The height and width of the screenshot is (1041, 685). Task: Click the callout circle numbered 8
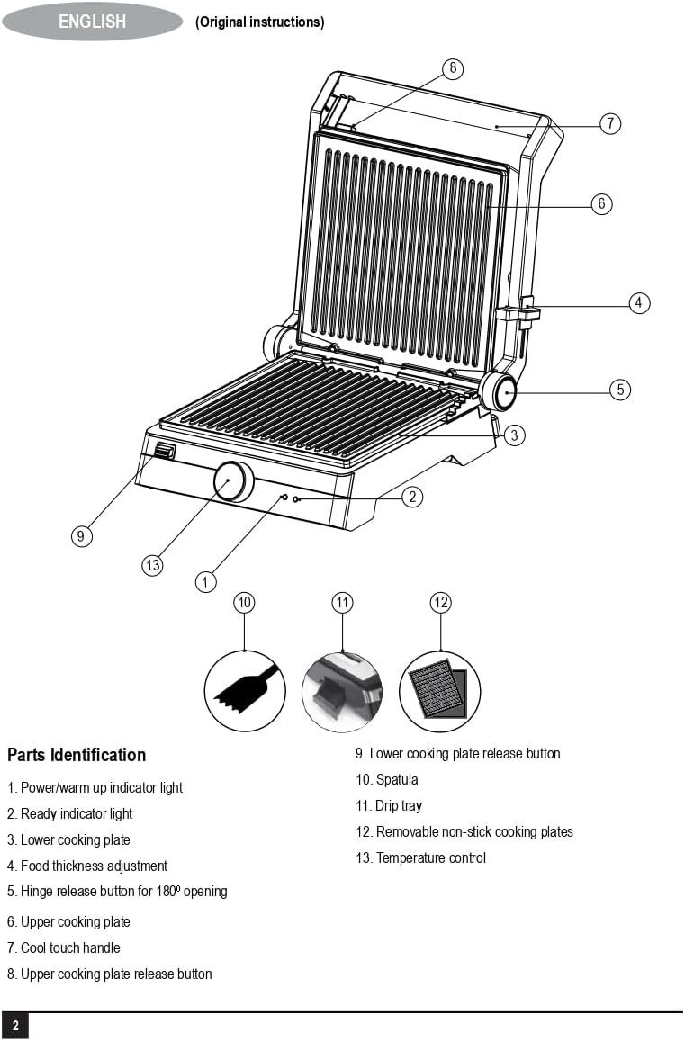[452, 68]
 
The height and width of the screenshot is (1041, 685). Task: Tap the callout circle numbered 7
[610, 123]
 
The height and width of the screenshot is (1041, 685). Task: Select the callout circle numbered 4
[639, 302]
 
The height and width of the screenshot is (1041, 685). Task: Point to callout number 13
[152, 565]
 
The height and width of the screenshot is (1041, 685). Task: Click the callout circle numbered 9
[81, 536]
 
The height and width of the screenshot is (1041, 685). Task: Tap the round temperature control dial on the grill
[233, 481]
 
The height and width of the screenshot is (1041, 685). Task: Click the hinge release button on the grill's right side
[498, 392]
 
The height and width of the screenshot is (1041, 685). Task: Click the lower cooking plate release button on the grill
[164, 452]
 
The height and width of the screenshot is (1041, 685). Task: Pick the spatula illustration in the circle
[245, 691]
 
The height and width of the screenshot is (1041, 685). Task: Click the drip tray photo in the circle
[342, 692]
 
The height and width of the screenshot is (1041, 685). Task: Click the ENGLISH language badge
[92, 22]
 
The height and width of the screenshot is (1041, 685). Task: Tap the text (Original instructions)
[259, 22]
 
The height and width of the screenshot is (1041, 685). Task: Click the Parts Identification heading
[77, 755]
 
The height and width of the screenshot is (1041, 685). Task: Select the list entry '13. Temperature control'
[420, 857]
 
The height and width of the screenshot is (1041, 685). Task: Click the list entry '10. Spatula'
[387, 779]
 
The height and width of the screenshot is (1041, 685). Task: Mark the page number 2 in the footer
[15, 1026]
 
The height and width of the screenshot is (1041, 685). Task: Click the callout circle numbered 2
[412, 496]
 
